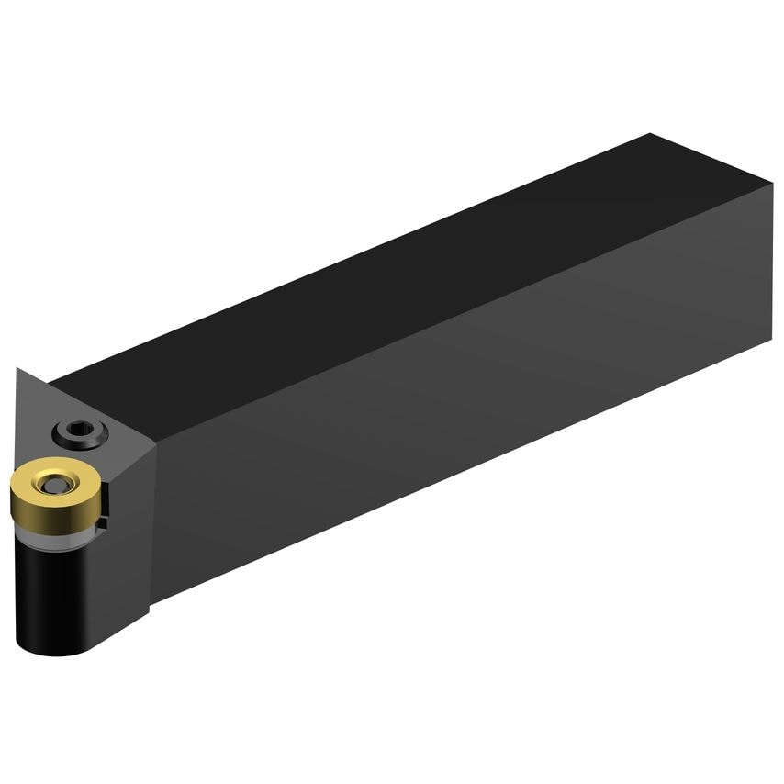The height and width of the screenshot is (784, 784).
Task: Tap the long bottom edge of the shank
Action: tap(459, 473)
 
